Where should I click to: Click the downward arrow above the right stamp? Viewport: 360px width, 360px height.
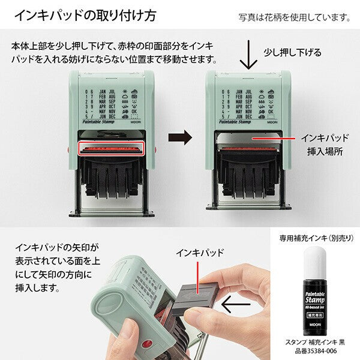pyautogui.click(x=245, y=58)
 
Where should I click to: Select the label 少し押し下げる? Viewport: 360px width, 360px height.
pyautogui.click(x=292, y=52)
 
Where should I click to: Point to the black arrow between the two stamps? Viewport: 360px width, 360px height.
pyautogui.click(x=179, y=137)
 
